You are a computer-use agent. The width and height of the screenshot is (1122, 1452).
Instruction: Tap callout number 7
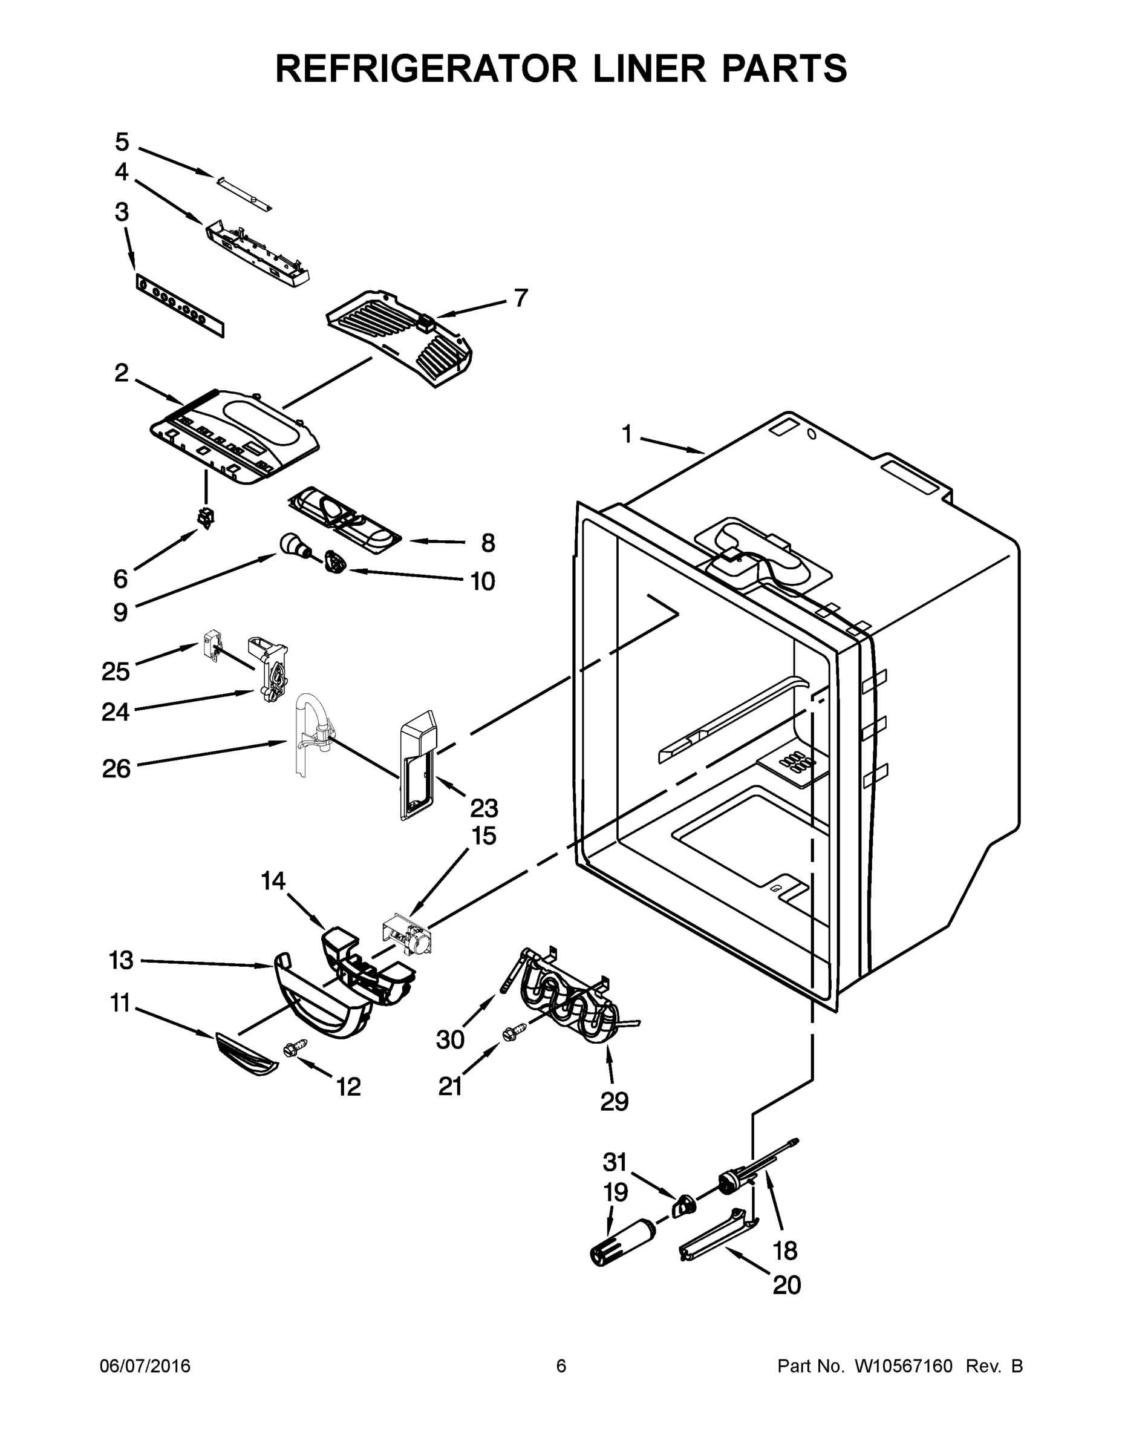point(521,297)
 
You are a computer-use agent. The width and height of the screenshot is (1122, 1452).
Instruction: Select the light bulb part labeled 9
point(293,545)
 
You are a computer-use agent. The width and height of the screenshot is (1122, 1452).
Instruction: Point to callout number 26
point(116,769)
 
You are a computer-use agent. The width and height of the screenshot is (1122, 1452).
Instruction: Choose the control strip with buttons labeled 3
point(180,306)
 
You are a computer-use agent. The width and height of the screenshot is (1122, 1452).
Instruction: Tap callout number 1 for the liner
point(626,435)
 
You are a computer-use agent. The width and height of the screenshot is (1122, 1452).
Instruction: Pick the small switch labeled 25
point(211,645)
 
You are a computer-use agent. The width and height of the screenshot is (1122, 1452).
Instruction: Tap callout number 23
point(483,808)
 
